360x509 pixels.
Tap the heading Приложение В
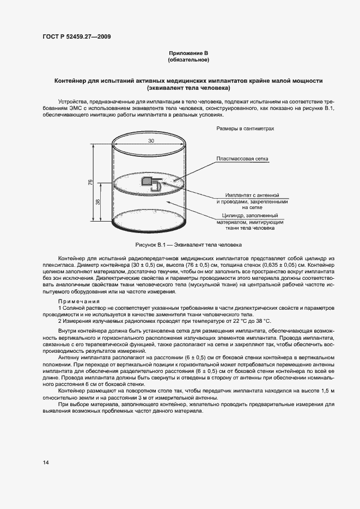click(x=188, y=53)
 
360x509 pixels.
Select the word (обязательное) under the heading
click(x=188, y=59)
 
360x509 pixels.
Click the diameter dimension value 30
click(x=150, y=140)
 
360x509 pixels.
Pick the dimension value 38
click(x=98, y=201)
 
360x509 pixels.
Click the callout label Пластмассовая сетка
click(x=242, y=158)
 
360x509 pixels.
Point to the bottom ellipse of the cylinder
click(x=150, y=221)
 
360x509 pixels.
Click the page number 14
click(x=46, y=462)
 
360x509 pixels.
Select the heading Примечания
click(x=78, y=302)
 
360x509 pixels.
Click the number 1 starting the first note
click(x=59, y=308)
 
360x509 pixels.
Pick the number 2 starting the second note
click(x=59, y=321)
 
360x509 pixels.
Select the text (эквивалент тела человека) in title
click(x=188, y=88)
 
